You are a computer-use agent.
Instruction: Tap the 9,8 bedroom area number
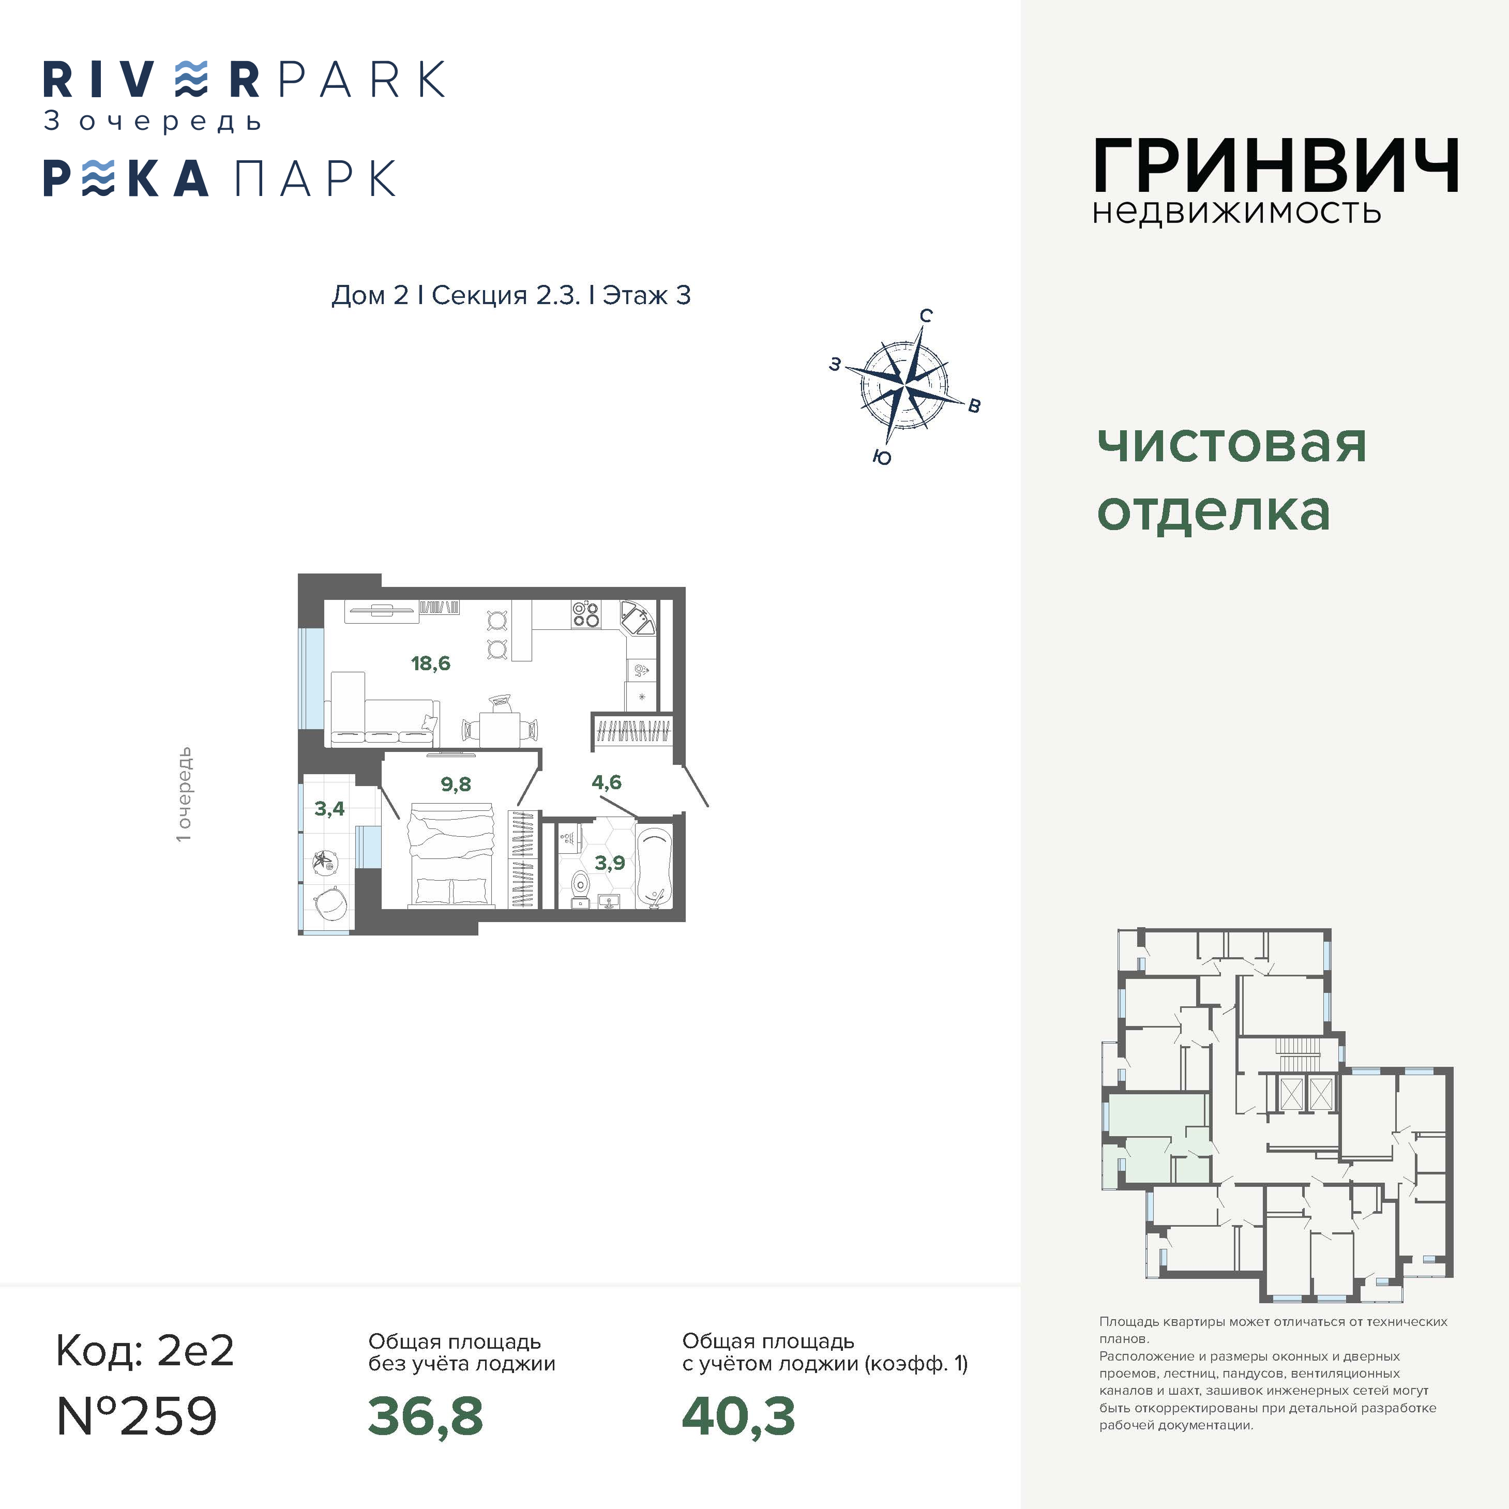[456, 784]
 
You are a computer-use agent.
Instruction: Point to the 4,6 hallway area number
[606, 782]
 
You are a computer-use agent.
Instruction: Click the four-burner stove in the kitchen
[586, 614]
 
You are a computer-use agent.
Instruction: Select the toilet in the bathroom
[580, 886]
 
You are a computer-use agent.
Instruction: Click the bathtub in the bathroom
[655, 867]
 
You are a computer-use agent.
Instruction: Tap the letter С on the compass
[926, 315]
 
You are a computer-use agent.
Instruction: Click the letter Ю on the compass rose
[882, 458]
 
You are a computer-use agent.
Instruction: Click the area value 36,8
[426, 1416]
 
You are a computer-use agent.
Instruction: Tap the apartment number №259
[138, 1416]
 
